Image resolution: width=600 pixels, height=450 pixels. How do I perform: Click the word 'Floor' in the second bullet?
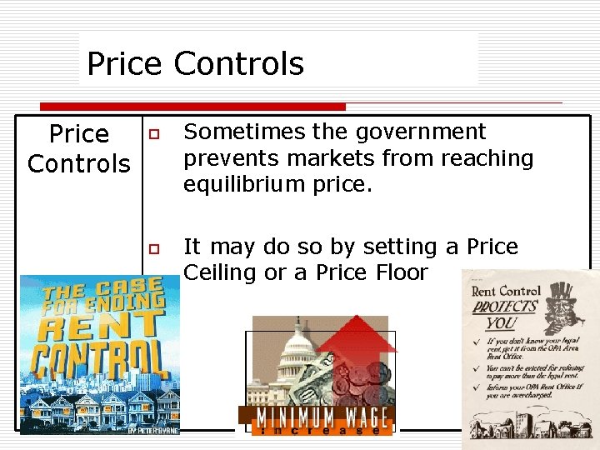(x=399, y=272)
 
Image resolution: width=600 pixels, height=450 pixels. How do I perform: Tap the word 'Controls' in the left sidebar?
(x=79, y=163)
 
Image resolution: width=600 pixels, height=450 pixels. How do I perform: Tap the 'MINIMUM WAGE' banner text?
(x=317, y=417)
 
